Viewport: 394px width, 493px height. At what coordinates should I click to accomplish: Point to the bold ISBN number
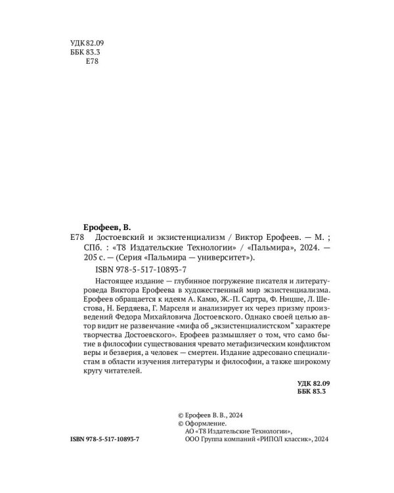[x=109, y=438]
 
